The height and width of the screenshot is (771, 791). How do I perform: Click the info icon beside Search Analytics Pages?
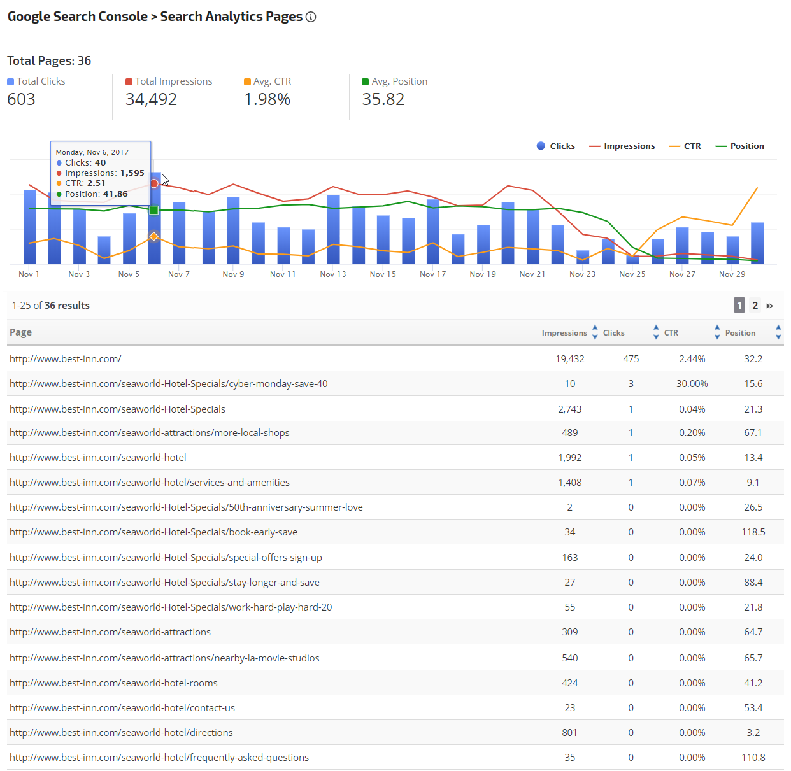point(311,17)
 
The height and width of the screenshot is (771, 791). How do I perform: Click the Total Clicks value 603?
point(21,99)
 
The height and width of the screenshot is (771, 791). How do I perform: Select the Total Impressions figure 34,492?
point(151,99)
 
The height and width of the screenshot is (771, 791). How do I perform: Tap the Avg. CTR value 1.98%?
point(267,99)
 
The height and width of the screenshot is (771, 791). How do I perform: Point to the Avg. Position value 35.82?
point(383,99)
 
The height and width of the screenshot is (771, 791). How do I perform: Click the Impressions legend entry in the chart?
point(622,146)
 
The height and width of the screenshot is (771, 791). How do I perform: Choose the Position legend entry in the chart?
point(740,146)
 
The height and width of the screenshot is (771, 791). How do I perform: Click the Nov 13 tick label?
point(333,274)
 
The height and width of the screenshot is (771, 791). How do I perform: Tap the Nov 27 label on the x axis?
point(682,274)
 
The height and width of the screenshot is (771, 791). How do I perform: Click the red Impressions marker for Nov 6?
point(154,183)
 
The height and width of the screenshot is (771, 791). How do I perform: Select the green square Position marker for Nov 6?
point(154,210)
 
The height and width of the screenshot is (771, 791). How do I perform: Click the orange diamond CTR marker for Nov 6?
point(154,236)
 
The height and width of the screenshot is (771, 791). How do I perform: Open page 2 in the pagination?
point(755,306)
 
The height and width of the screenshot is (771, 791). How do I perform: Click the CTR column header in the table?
point(671,333)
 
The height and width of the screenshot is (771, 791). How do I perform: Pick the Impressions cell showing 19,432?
point(569,359)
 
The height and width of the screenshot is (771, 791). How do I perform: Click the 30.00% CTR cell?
point(692,384)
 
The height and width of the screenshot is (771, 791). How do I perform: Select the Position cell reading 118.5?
point(753,532)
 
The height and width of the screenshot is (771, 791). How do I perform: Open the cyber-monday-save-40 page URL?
point(169,384)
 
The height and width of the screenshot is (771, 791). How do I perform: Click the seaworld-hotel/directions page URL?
point(121,733)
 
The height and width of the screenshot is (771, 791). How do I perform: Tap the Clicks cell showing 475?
point(631,359)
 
